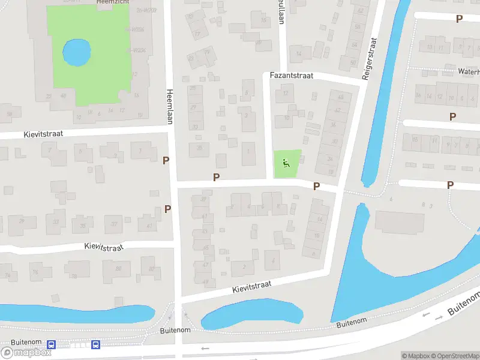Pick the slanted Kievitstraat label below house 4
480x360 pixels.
[x=252, y=287]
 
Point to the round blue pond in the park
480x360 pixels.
[x=77, y=53]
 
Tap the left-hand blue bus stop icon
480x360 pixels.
[x=52, y=345]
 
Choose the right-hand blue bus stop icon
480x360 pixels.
[x=95, y=344]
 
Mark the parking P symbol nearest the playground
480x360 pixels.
[x=316, y=187]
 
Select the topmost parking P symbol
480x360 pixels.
[x=459, y=19]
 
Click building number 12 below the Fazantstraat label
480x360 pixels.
[x=286, y=93]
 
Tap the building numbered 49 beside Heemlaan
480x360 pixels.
[x=205, y=281]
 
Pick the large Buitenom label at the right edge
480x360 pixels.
[x=464, y=304]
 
